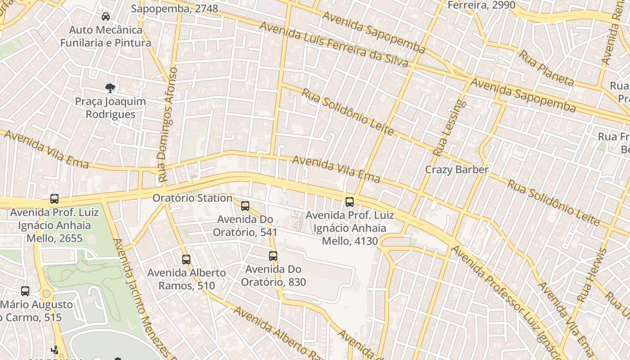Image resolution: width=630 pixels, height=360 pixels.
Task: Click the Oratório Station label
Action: pos(192,198)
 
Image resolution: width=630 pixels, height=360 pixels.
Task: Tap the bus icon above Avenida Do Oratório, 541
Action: pos(245,206)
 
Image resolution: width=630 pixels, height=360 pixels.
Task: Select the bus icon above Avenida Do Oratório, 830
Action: pos(273,256)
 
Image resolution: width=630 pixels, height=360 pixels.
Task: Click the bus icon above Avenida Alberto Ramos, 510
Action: pos(186,259)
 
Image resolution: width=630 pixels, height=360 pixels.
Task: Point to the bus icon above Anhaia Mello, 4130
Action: pos(350,202)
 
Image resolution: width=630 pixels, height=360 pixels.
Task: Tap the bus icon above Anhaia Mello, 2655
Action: pos(54,198)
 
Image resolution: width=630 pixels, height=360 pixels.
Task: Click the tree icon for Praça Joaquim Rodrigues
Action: pos(110,88)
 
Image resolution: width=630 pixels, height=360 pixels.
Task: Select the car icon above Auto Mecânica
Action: pos(106,17)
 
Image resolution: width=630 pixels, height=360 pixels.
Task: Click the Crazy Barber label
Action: pos(457,170)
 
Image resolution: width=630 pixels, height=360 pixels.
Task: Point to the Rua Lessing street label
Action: pos(447,129)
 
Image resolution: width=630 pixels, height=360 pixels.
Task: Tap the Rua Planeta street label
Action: pos(546,68)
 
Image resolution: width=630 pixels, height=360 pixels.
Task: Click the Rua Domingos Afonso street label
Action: pos(167,125)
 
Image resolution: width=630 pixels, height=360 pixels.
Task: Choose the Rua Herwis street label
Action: pos(592,275)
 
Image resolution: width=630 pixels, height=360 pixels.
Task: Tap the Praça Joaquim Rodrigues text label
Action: pos(110,108)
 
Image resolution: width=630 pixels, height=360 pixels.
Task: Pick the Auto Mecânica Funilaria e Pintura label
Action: pos(106,36)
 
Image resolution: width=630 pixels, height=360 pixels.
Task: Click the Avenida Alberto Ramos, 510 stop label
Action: pos(186,279)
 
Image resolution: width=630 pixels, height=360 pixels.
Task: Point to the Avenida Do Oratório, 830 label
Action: pos(273,275)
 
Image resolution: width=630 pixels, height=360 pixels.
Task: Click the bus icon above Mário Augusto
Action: pos(25,291)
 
